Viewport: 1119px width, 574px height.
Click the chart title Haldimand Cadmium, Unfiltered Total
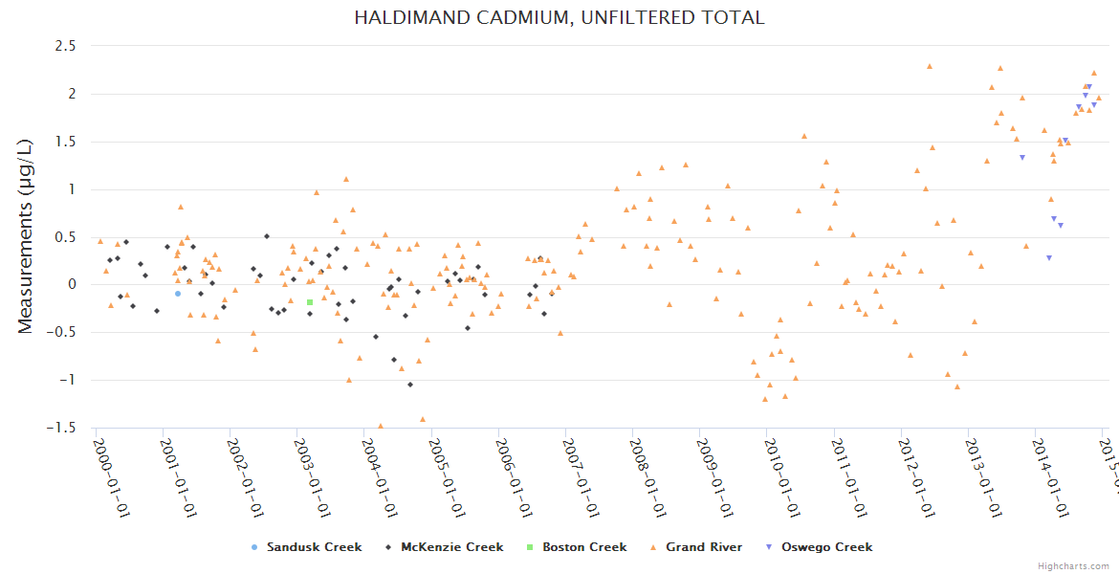559,17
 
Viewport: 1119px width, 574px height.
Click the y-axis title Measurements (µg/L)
26,235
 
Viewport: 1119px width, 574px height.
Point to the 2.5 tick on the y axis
65,46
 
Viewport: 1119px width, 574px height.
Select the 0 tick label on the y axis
72,284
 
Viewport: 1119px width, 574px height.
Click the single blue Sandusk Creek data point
178,294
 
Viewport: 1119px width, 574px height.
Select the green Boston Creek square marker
310,302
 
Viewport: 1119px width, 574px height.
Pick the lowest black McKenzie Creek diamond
410,385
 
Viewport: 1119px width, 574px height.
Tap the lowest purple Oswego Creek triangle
1049,257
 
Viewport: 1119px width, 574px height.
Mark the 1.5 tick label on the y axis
65,142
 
